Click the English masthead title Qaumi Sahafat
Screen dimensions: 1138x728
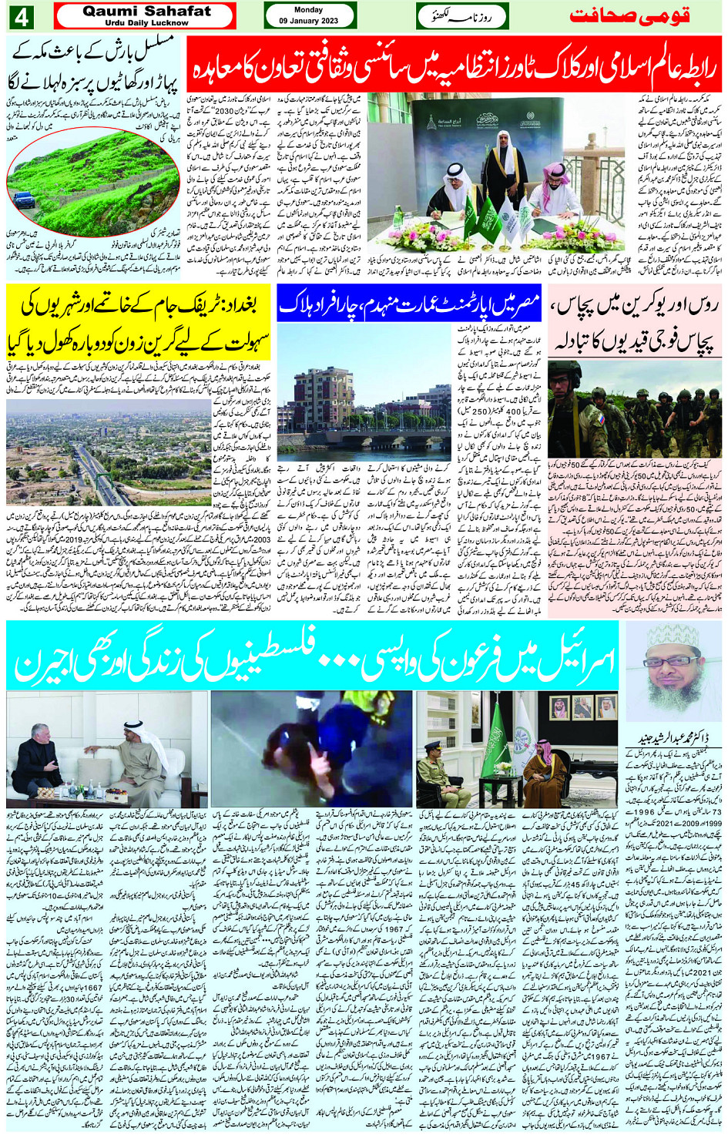(146, 11)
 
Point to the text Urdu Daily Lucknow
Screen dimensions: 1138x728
(146, 23)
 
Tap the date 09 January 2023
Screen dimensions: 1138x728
(309, 21)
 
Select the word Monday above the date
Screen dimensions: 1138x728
(309, 10)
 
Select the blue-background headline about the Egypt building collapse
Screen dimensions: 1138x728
(408, 305)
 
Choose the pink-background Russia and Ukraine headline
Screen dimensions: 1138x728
(635, 324)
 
